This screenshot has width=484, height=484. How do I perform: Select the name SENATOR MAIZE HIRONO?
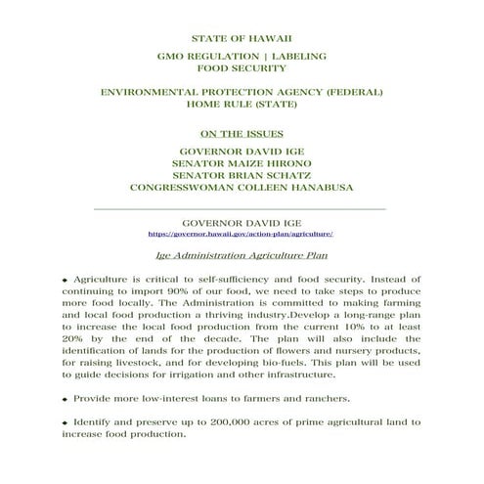pyautogui.click(x=242, y=162)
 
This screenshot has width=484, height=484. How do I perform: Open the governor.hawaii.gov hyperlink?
pyautogui.click(x=242, y=235)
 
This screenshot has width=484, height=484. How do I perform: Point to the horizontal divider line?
pyautogui.click(x=242, y=209)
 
